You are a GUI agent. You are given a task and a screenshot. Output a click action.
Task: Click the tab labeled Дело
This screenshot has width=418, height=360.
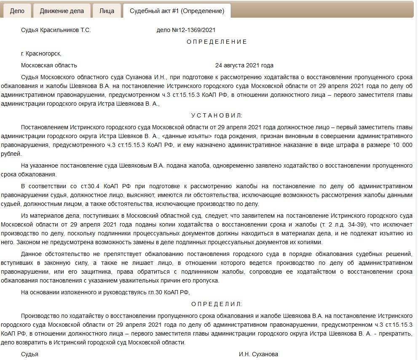(x=17, y=11)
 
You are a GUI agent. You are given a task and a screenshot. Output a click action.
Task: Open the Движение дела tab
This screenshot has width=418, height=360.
(x=62, y=11)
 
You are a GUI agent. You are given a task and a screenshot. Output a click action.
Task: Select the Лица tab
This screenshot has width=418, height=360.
(x=107, y=11)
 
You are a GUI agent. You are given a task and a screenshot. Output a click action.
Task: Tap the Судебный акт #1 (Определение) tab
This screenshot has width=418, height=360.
(x=177, y=11)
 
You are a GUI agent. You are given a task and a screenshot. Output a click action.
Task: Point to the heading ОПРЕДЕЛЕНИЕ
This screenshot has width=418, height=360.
(x=217, y=42)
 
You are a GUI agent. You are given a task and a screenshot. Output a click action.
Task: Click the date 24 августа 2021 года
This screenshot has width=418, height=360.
(x=244, y=65)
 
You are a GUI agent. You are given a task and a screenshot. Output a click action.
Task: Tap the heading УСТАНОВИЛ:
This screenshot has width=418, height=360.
(x=217, y=115)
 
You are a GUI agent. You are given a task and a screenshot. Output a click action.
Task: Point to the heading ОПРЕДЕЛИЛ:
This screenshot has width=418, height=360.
(x=217, y=304)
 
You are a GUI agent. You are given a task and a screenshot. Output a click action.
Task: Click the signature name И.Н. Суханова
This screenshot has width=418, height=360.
(x=258, y=354)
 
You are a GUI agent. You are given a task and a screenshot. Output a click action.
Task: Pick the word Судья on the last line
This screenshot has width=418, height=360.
(x=29, y=354)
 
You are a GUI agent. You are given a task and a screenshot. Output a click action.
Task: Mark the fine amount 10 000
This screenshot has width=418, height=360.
(x=398, y=145)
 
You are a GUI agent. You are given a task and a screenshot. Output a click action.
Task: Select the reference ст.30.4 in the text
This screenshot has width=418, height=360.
(x=80, y=186)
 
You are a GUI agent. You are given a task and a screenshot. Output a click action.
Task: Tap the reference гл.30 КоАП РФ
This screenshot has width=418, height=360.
(x=171, y=292)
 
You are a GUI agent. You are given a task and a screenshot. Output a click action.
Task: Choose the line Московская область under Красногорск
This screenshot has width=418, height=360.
(x=49, y=65)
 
